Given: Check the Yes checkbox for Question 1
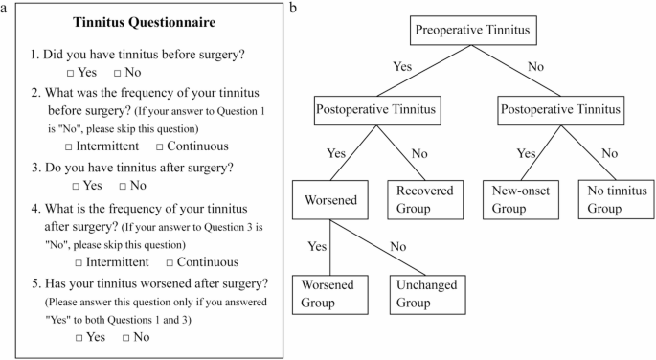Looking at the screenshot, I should tap(70, 73).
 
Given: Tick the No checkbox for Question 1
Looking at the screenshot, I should tap(118, 73).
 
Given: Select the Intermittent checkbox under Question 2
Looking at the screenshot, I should tap(70, 146).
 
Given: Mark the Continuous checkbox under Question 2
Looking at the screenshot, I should tap(159, 146).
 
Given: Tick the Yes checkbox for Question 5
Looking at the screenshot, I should tap(79, 337).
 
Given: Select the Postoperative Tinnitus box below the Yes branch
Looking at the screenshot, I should tap(376, 110).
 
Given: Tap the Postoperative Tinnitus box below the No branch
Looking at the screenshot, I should tap(560, 110).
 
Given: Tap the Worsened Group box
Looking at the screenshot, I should tap(329, 293).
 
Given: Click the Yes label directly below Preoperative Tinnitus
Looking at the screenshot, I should tap(402, 67).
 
